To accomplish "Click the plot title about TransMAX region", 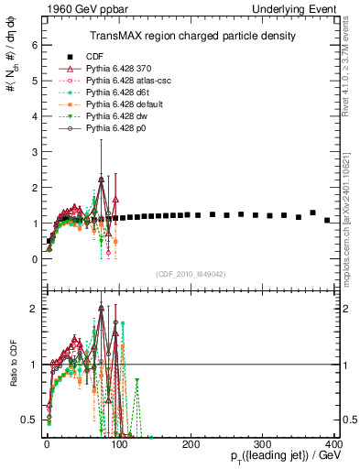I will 192,36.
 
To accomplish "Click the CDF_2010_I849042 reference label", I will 191,274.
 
